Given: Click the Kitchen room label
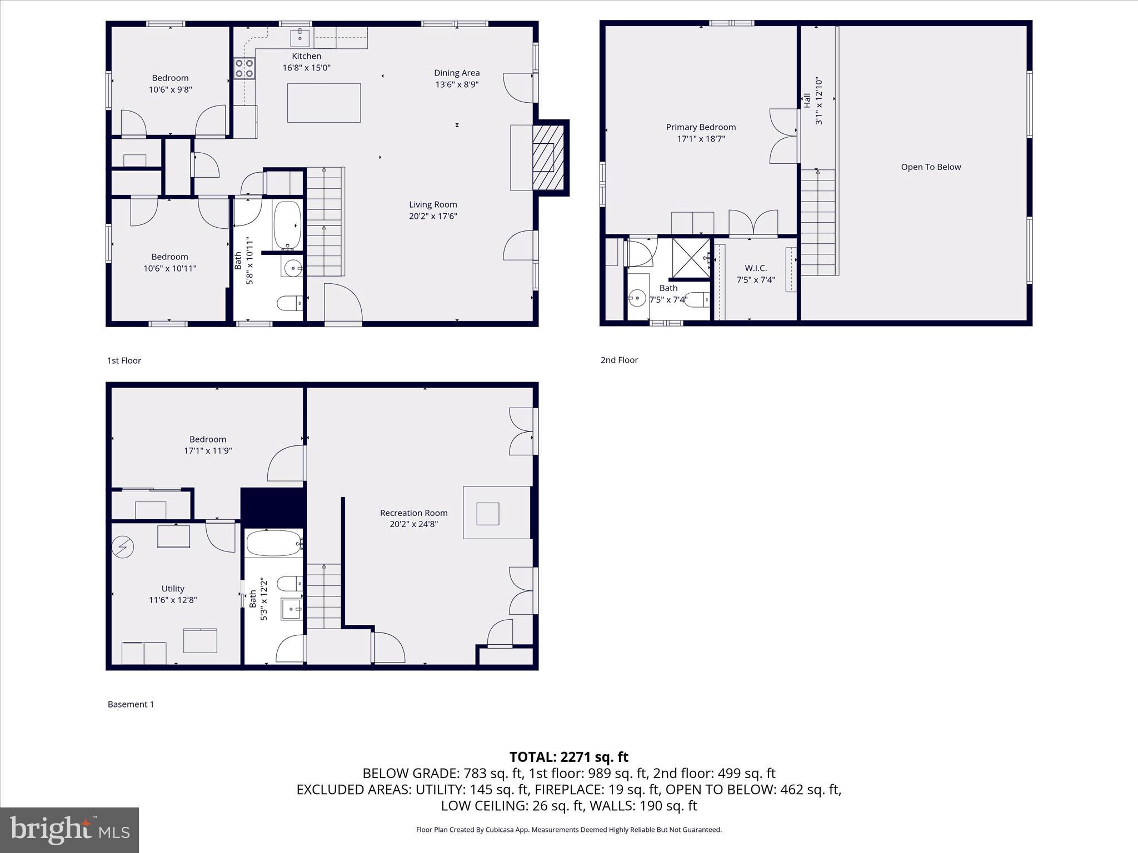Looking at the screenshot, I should pyautogui.click(x=306, y=56).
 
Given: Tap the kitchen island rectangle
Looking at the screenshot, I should pyautogui.click(x=324, y=103).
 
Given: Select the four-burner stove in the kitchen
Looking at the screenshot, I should pyautogui.click(x=244, y=68).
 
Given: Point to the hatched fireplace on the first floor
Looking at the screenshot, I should pyautogui.click(x=548, y=157).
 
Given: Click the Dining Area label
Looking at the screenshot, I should pyautogui.click(x=457, y=73).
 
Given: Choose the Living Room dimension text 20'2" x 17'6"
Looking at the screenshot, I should pyautogui.click(x=433, y=216).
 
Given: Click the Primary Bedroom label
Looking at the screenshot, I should pyautogui.click(x=701, y=127).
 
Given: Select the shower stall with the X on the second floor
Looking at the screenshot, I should pyautogui.click(x=691, y=258).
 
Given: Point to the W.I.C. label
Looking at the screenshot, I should pyautogui.click(x=756, y=268).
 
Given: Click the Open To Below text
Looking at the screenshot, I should pyautogui.click(x=931, y=167).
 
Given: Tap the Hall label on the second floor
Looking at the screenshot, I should pyautogui.click(x=807, y=101).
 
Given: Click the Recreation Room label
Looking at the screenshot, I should pyautogui.click(x=413, y=513).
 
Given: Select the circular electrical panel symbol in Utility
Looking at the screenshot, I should pyautogui.click(x=122, y=547).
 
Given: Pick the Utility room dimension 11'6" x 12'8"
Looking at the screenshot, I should pyautogui.click(x=173, y=600).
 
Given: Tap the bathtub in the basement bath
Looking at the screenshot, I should pyautogui.click(x=273, y=543).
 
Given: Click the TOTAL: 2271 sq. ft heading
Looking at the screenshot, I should pyautogui.click(x=569, y=757).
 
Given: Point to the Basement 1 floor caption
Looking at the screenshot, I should pyautogui.click(x=131, y=704).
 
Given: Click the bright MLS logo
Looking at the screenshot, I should pyautogui.click(x=69, y=830).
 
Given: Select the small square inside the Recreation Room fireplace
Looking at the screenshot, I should pyautogui.click(x=488, y=514).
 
